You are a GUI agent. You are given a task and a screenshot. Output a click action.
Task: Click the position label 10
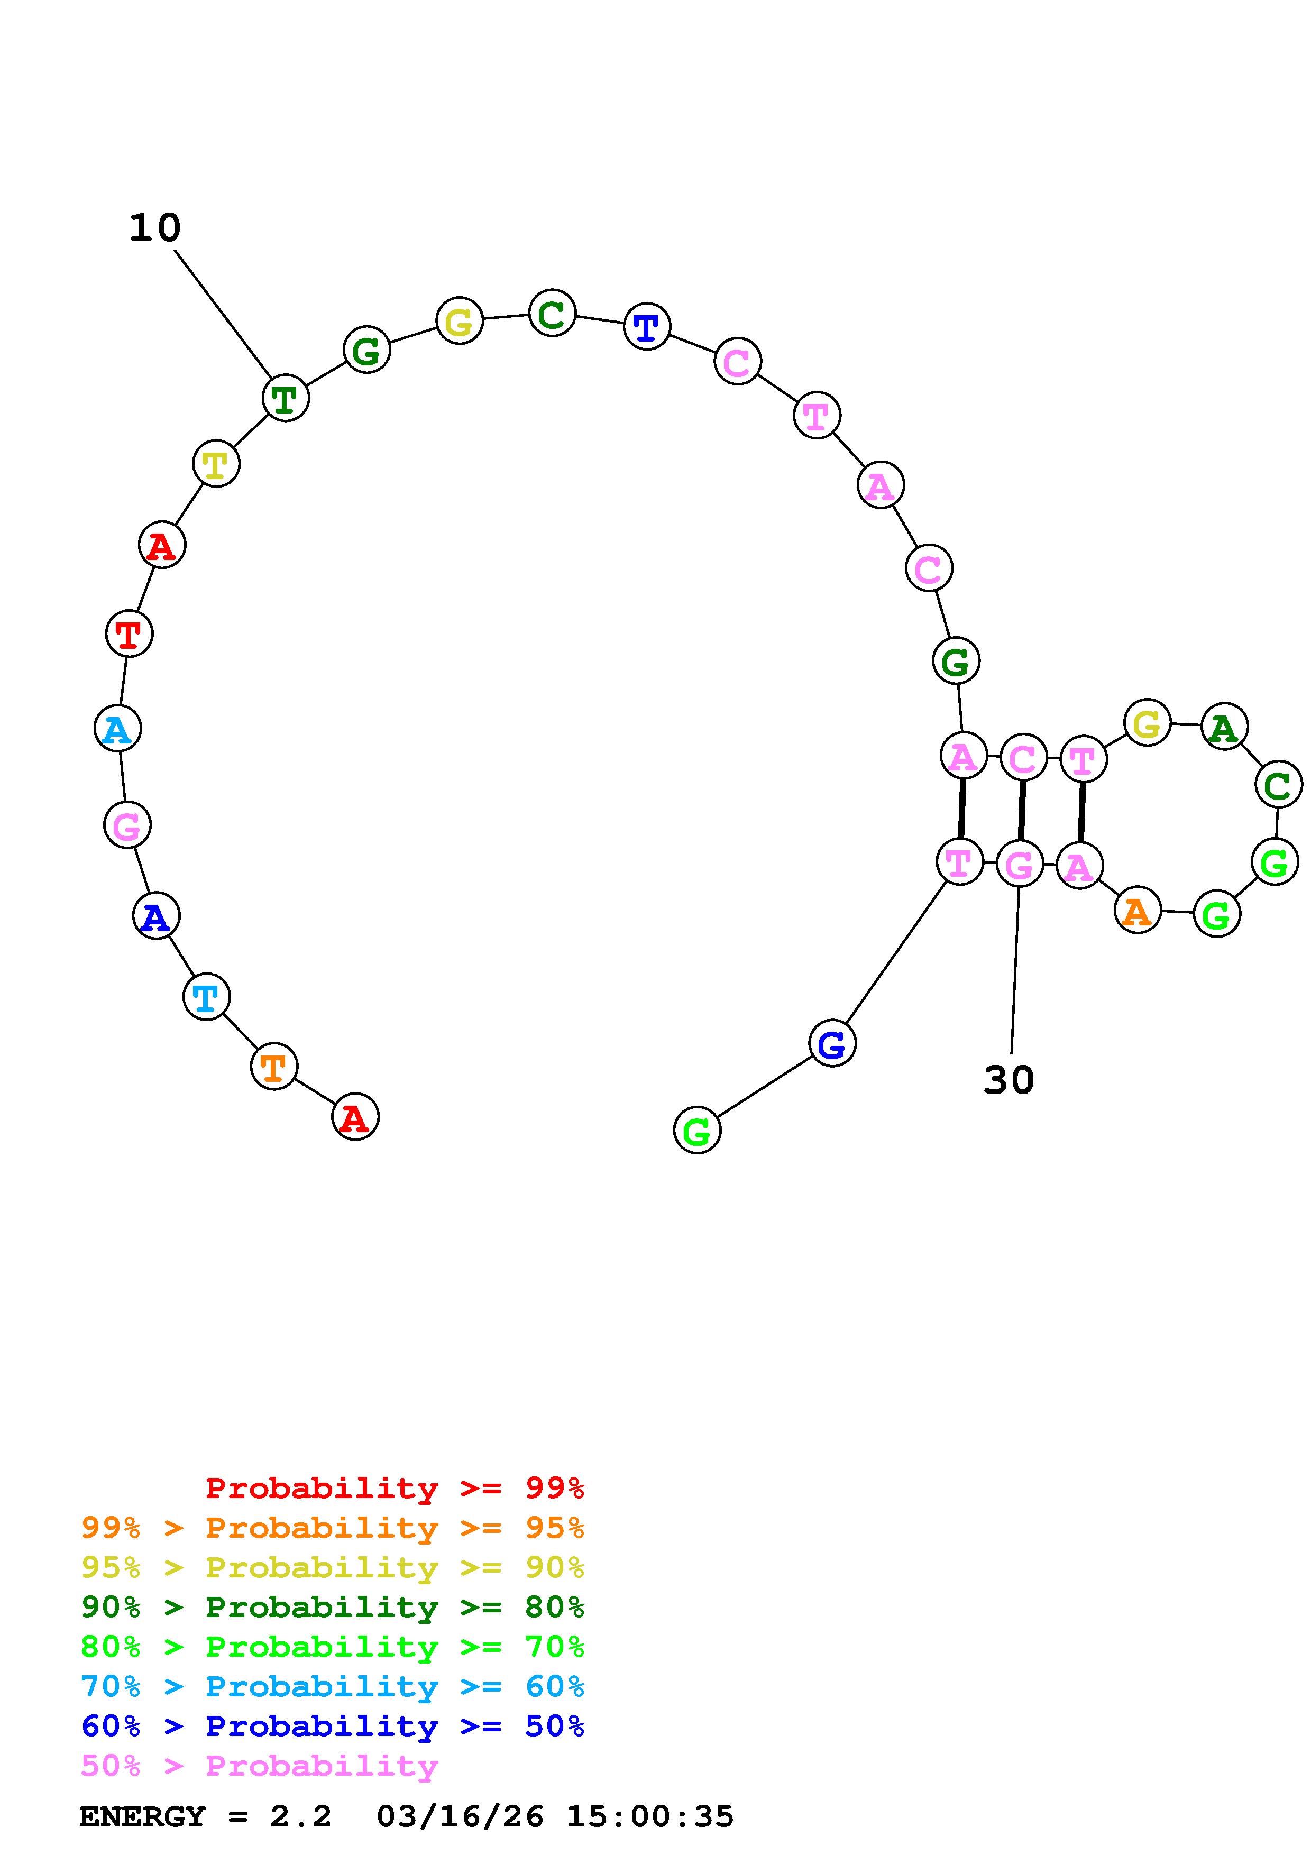(155, 228)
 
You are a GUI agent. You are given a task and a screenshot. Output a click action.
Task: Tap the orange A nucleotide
(1138, 911)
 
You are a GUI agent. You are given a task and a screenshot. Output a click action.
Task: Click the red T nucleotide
(129, 633)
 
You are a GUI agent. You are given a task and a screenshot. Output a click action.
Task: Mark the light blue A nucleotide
(118, 729)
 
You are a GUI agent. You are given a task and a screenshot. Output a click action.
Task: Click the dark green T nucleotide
(285, 398)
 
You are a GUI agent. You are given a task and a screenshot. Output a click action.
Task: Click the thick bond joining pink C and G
(1021, 810)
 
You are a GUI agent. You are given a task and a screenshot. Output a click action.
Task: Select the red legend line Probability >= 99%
(394, 1487)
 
